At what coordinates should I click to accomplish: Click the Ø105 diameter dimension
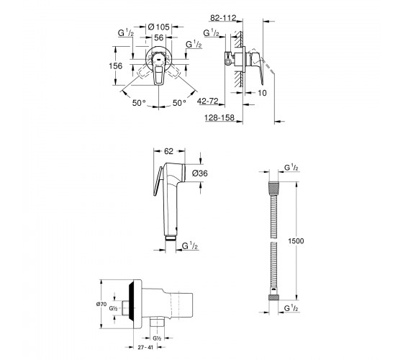click(159, 27)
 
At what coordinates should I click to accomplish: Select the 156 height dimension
click(116, 66)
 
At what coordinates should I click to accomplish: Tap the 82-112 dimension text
click(223, 18)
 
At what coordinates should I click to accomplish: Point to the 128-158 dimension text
click(219, 118)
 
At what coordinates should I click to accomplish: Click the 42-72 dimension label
click(208, 101)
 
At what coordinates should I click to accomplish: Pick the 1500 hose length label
click(296, 241)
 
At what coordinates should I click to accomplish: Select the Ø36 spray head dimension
click(200, 174)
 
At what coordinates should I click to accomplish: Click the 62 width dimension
click(168, 151)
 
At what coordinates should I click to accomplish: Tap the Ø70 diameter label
click(101, 304)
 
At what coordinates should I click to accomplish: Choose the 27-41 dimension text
click(145, 347)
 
